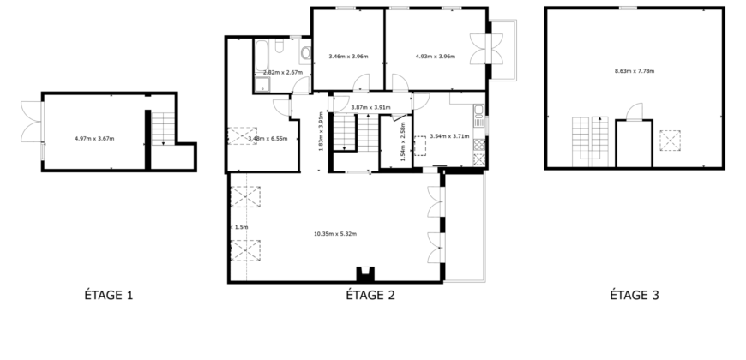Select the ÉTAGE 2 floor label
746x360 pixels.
pyautogui.click(x=370, y=296)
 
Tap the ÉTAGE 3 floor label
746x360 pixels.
pyautogui.click(x=634, y=296)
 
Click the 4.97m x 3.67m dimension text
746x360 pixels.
pyautogui.click(x=94, y=138)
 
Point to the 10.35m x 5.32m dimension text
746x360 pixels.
pyautogui.click(x=334, y=234)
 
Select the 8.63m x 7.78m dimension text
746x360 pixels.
pyautogui.click(x=635, y=70)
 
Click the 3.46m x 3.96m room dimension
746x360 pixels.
pyautogui.click(x=348, y=57)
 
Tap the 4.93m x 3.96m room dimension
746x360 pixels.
pyautogui.click(x=435, y=57)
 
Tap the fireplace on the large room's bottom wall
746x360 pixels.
pyautogui.click(x=365, y=274)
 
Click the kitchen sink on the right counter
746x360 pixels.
pyautogui.click(x=479, y=111)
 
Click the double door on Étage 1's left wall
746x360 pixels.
pyautogui.click(x=30, y=128)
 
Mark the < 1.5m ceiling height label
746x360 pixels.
pyautogui.click(x=240, y=227)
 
